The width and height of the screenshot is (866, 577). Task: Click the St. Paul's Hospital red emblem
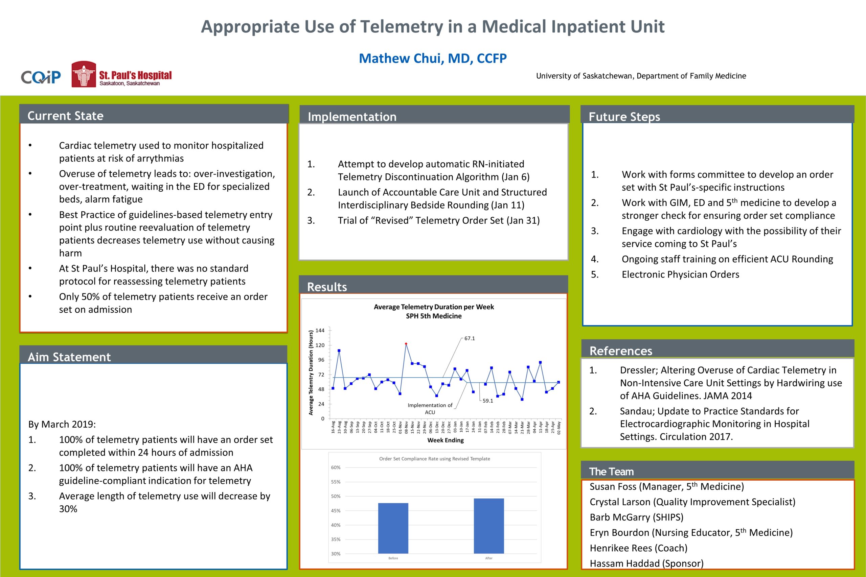[x=84, y=74]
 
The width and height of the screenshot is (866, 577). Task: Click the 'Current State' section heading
[x=65, y=116]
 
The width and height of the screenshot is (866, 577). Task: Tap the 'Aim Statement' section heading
[x=69, y=357]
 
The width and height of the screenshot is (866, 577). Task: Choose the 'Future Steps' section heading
[x=624, y=117]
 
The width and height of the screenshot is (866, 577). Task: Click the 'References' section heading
[x=620, y=351]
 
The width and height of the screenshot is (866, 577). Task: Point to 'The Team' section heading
[x=611, y=472]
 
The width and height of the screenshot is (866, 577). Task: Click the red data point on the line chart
[x=406, y=344]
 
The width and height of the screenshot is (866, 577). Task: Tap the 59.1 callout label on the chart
[x=487, y=401]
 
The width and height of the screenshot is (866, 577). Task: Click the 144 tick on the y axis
[x=320, y=331]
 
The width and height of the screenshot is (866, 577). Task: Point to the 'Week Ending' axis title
[x=445, y=440]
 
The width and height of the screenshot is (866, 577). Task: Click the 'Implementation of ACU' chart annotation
[x=430, y=408]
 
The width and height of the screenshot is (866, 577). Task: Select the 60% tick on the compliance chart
[x=336, y=467]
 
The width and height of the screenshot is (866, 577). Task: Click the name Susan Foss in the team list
[x=613, y=487]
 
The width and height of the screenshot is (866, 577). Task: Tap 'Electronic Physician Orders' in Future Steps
[x=680, y=274]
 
